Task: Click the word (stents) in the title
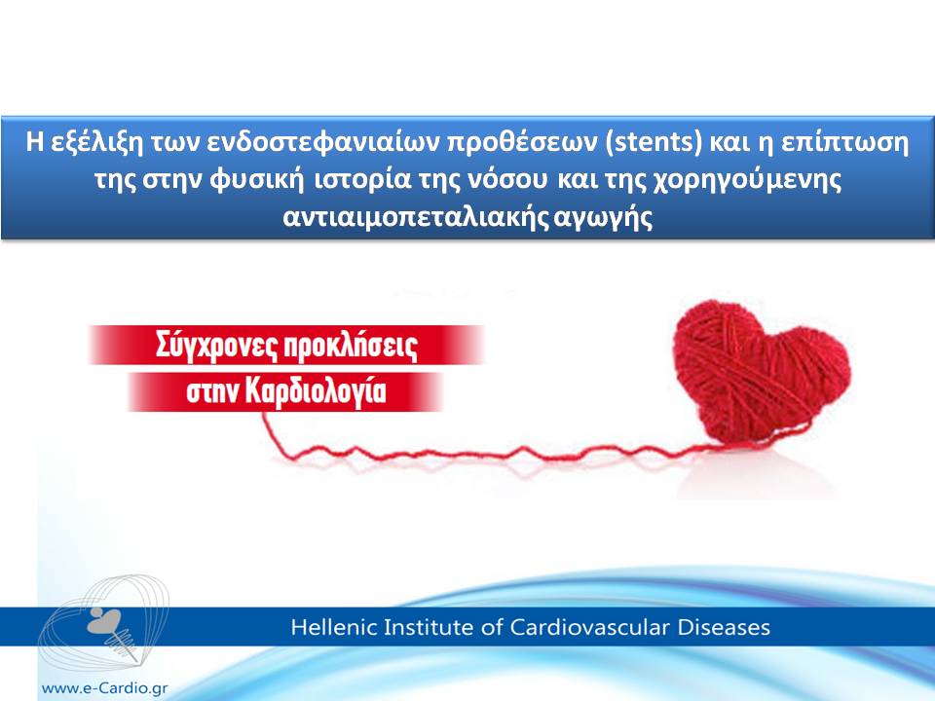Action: (654, 142)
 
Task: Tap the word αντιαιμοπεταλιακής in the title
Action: (416, 217)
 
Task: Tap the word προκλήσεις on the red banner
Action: (350, 346)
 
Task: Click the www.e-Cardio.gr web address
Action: (105, 688)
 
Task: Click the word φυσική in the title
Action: (256, 180)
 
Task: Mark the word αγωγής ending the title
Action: (603, 217)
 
